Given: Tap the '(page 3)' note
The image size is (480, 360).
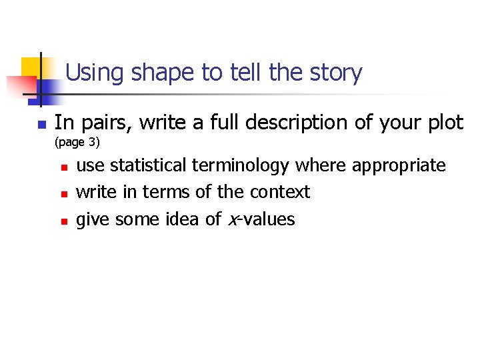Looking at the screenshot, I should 77,143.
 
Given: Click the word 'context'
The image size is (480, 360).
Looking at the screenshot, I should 280,192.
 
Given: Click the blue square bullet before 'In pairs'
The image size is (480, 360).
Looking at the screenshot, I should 40,125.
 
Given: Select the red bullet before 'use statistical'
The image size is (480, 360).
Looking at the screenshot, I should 63,167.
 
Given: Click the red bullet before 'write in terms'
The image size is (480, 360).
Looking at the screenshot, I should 63,194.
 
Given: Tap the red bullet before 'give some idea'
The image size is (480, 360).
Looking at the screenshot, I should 63,221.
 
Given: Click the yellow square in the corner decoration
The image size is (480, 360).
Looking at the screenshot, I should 31,67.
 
